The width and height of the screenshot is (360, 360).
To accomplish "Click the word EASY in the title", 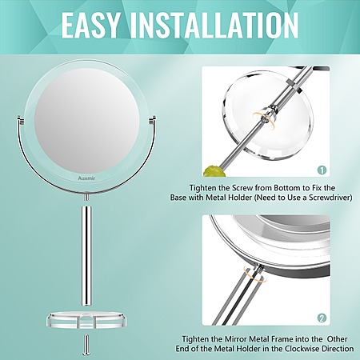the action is click(x=90, y=25).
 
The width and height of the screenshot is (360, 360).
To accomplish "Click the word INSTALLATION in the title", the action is click(x=214, y=25).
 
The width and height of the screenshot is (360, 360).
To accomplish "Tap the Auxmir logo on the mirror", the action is click(x=86, y=178).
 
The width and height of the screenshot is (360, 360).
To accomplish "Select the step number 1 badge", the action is click(x=322, y=170).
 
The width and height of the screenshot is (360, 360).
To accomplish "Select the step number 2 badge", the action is click(x=322, y=318).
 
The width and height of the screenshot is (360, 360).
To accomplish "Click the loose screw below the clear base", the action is click(x=86, y=345).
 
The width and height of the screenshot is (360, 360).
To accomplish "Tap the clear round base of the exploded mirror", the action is click(x=86, y=320).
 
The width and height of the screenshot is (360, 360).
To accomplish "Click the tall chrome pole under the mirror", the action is click(x=87, y=256).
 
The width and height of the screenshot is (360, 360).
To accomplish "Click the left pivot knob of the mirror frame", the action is click(x=20, y=119).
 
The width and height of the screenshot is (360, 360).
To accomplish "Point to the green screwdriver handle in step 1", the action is click(x=214, y=171).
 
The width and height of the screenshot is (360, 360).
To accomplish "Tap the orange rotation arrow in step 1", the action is click(x=262, y=117).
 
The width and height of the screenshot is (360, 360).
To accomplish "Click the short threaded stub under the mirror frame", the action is click(x=86, y=197).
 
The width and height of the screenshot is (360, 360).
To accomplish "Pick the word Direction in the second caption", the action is click(x=338, y=349).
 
